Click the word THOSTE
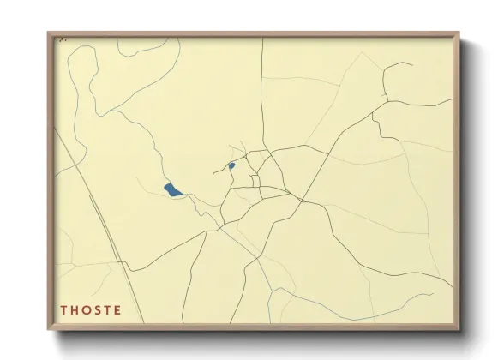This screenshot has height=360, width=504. [90, 309]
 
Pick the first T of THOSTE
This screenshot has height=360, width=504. [64, 309]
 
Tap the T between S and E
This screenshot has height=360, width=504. [109, 309]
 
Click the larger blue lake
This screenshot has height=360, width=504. [173, 190]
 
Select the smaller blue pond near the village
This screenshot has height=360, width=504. [231, 165]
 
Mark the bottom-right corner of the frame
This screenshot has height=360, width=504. [460, 328]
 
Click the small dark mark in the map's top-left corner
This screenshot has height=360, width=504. [60, 39]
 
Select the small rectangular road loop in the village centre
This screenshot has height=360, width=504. [255, 181]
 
